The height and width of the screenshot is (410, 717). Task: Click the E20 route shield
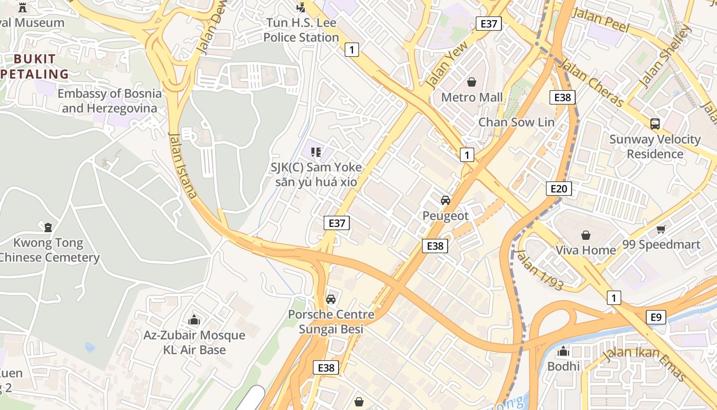(558, 189)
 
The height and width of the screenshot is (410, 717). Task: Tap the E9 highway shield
(656, 317)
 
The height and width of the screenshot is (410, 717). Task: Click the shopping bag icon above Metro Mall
(472, 82)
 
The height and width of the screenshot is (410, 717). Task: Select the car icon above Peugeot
(446, 200)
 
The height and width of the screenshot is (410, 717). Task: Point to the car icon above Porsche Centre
(331, 299)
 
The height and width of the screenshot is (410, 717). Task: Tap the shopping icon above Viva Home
(585, 235)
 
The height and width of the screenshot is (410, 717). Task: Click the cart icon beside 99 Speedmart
(661, 229)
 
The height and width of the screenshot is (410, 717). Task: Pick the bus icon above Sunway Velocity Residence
(655, 124)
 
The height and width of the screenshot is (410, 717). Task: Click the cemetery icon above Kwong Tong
(48, 227)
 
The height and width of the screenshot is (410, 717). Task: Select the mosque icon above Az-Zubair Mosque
(194, 320)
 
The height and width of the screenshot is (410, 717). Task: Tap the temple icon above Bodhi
(563, 351)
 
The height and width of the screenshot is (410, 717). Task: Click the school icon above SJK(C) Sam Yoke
(316, 152)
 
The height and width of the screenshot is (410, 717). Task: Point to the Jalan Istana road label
(182, 165)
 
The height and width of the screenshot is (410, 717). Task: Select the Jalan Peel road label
(600, 19)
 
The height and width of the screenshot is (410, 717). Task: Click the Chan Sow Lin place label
(516, 122)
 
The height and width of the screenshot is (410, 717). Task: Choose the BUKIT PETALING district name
(35, 67)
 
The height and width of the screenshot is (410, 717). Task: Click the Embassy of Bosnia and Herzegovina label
(109, 101)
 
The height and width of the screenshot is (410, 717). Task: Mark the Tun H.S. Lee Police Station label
(301, 30)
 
